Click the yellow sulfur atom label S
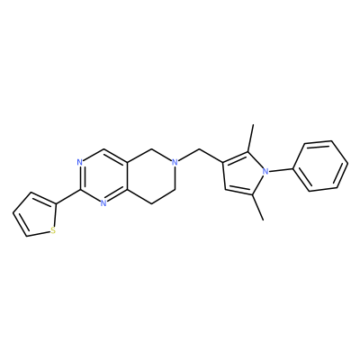click(x=53, y=230)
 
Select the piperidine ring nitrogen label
click(x=175, y=162)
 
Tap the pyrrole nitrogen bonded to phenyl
click(x=265, y=172)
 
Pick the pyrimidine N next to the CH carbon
click(x=79, y=162)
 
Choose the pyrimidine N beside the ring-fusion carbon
click(x=103, y=203)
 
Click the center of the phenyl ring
click(x=321, y=166)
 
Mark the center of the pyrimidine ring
click(x=103, y=176)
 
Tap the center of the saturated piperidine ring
click(x=151, y=176)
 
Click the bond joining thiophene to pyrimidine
click(x=68, y=197)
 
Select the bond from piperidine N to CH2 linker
click(x=189, y=156)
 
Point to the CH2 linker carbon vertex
click(x=199, y=148)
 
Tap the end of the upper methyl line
click(x=254, y=124)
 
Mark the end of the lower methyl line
click(x=263, y=220)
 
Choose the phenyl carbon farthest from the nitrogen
click(x=348, y=164)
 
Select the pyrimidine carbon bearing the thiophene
click(x=80, y=190)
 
